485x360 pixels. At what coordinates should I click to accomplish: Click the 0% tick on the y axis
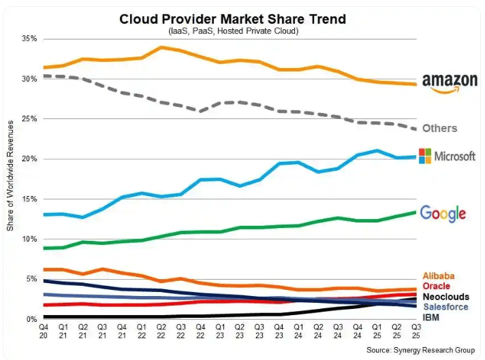click(31, 318)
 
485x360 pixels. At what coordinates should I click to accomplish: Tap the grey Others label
click(440, 128)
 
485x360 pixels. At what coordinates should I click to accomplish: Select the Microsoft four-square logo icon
click(424, 156)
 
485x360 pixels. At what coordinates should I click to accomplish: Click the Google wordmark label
click(443, 213)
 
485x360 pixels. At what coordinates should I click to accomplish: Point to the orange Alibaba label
click(439, 276)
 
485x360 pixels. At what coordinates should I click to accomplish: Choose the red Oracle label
click(437, 287)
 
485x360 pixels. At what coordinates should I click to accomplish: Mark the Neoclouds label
click(445, 297)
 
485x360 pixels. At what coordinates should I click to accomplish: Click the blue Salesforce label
click(445, 307)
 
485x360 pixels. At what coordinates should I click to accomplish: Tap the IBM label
click(431, 317)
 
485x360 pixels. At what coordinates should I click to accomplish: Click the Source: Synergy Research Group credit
click(420, 349)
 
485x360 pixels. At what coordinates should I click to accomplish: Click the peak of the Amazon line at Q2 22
click(161, 47)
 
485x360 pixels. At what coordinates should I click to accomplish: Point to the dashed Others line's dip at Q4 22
click(200, 110)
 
